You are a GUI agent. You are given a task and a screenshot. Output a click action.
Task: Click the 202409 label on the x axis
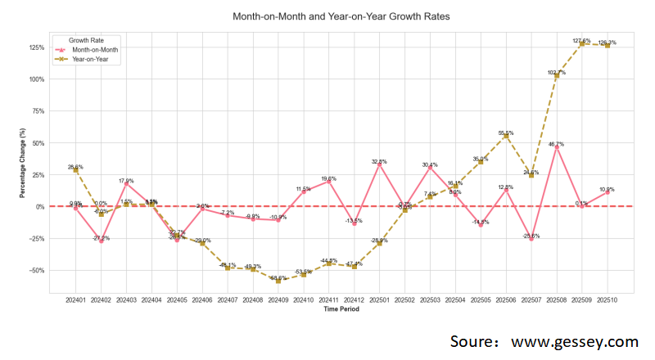pyautogui.click(x=278, y=301)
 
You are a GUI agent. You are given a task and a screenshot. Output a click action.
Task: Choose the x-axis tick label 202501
pyautogui.click(x=379, y=301)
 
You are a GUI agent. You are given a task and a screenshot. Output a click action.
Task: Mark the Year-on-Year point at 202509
pyautogui.click(x=582, y=44)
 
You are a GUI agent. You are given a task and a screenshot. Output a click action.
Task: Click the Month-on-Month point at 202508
pyautogui.click(x=557, y=147)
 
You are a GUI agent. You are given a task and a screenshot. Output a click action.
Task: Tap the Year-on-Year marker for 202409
pyautogui.click(x=278, y=281)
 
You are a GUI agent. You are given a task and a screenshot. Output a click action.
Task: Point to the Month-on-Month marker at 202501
pyautogui.click(x=379, y=165)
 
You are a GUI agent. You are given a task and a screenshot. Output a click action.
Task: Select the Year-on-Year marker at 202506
pyautogui.click(x=506, y=136)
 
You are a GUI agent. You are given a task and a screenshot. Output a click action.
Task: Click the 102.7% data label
pyautogui.click(x=555, y=72)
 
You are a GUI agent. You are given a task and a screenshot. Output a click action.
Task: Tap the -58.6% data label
pyautogui.click(x=277, y=278)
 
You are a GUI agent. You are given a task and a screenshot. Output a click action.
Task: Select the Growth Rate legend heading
pyautogui.click(x=85, y=40)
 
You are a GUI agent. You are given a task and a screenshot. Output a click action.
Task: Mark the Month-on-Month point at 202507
pyautogui.click(x=531, y=239)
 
